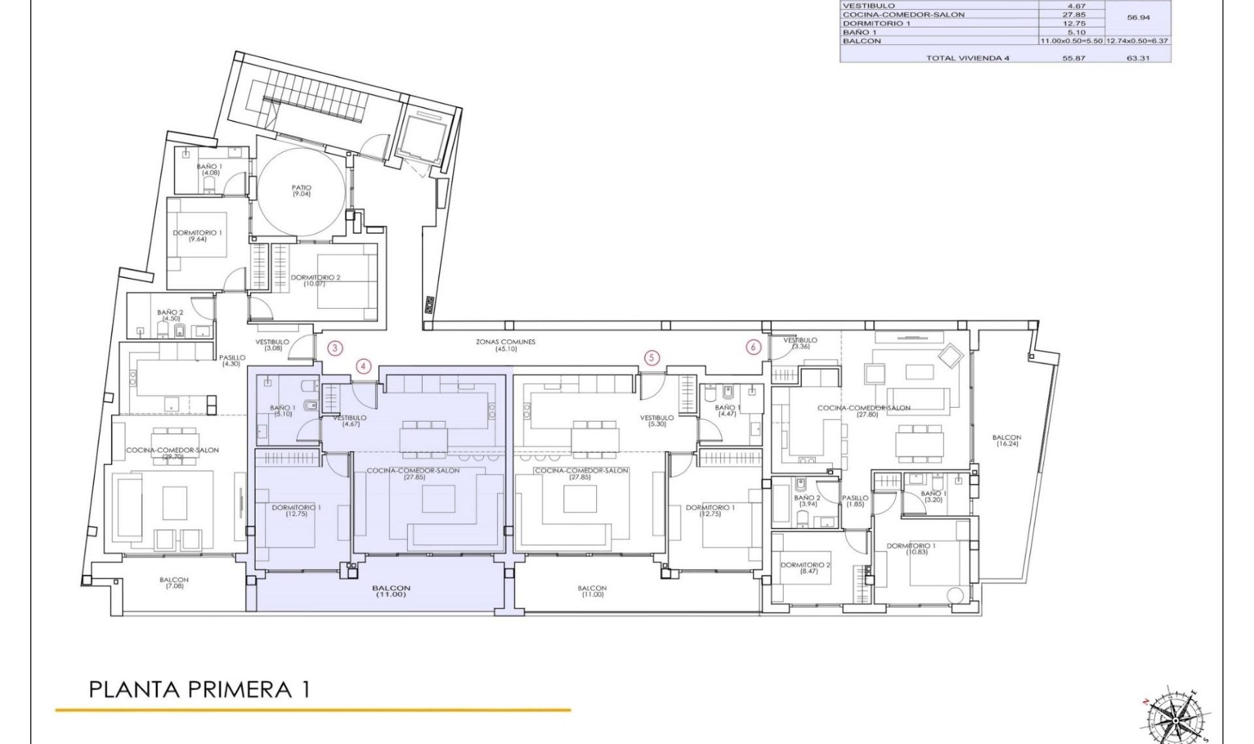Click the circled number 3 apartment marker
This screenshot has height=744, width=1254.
[335, 348]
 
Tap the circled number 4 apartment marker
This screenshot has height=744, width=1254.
[364, 366]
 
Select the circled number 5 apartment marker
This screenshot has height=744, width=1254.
[651, 357]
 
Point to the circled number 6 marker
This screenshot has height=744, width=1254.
[754, 347]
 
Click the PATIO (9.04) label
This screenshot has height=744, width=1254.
[301, 191]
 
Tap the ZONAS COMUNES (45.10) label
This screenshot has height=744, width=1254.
[506, 345]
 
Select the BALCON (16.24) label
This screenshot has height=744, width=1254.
[1006, 441]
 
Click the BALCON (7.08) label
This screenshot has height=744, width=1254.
[174, 583]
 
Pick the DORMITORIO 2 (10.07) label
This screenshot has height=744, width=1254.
[315, 281]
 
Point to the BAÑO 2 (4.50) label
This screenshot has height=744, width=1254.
[170, 315]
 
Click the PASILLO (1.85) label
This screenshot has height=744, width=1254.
[855, 501]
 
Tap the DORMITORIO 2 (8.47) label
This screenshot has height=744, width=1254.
[806, 568]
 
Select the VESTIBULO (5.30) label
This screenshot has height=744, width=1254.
[656, 421]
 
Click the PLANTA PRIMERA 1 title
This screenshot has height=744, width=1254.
[199, 690]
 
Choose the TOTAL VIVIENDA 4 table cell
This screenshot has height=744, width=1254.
[967, 58]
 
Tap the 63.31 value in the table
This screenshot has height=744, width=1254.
[1138, 58]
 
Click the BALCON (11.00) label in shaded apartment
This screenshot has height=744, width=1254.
[391, 591]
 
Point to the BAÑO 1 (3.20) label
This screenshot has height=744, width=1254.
[933, 497]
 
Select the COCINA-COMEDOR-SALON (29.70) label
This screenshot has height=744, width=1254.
[172, 453]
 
